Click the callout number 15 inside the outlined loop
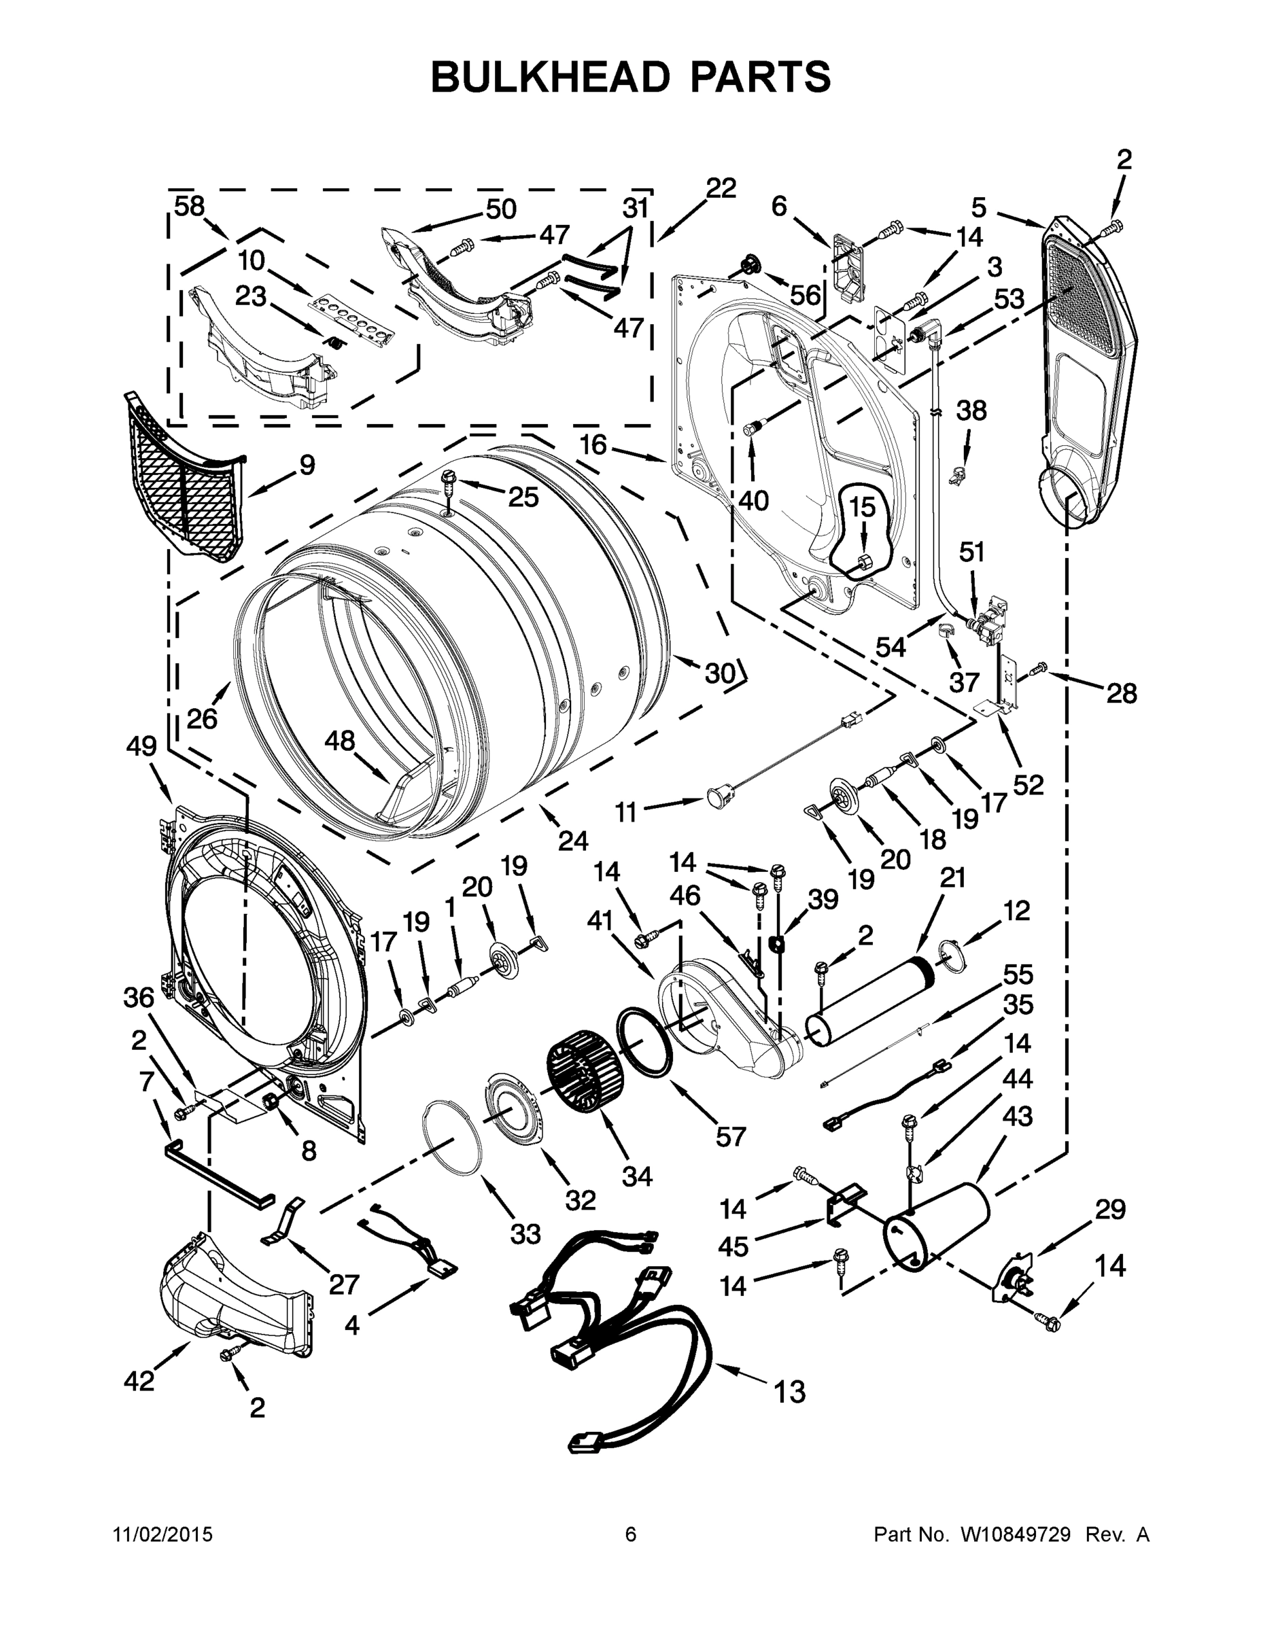(862, 508)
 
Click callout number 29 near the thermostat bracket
(1109, 1209)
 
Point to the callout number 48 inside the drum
(340, 741)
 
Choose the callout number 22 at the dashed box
(720, 188)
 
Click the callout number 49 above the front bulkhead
(141, 746)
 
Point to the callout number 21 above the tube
(952, 877)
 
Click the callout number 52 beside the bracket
(1028, 784)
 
